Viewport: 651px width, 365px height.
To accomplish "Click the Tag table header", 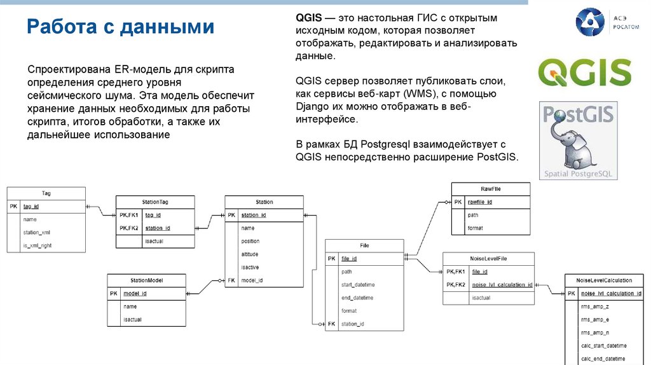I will click(46, 193).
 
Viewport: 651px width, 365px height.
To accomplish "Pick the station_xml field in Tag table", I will click(36, 232).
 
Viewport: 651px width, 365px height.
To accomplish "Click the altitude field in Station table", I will click(250, 254).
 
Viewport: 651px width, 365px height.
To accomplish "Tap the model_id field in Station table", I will click(252, 280).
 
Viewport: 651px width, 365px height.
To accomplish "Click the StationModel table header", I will click(146, 280).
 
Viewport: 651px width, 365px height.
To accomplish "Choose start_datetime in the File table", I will click(357, 285).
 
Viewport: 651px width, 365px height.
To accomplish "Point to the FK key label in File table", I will click(331, 324).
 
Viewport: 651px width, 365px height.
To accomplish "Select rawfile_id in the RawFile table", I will click(480, 202).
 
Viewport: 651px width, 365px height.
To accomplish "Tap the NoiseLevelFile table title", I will click(489, 259).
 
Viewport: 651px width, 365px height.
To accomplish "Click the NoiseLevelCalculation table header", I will click(603, 280).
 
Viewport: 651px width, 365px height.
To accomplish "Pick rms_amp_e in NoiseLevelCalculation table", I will click(594, 320).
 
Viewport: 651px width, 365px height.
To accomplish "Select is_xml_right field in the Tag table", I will click(38, 245).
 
